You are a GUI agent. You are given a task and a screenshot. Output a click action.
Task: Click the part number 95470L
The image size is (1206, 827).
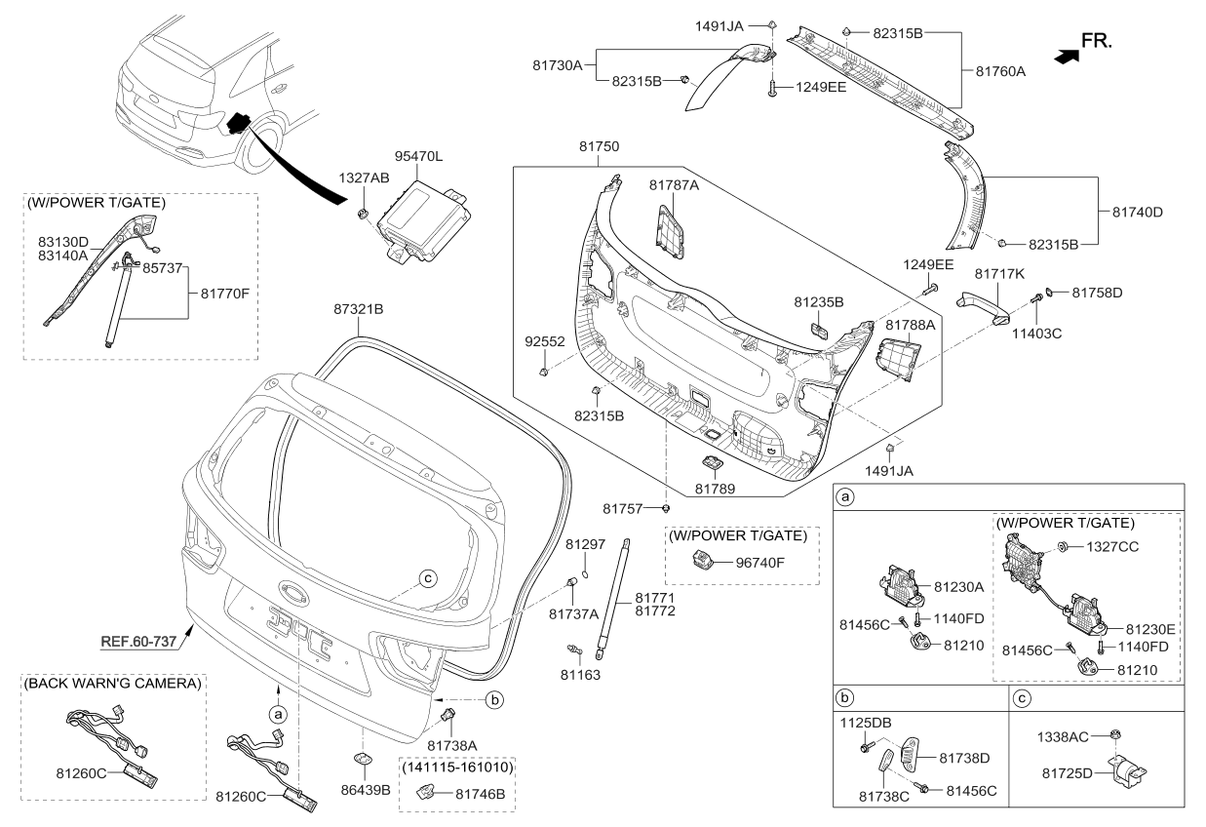click(x=419, y=156)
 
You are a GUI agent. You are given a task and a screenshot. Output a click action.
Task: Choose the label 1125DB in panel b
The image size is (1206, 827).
click(x=868, y=725)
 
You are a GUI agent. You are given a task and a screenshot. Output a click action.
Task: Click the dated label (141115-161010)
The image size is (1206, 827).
click(x=453, y=768)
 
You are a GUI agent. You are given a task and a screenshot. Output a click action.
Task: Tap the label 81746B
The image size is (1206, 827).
click(x=481, y=795)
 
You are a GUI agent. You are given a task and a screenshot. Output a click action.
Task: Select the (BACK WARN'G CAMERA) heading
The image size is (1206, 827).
click(x=111, y=683)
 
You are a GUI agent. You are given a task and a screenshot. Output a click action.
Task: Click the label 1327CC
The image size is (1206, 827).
click(x=1113, y=548)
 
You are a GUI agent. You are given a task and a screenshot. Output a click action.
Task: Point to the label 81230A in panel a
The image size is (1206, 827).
click(x=961, y=588)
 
